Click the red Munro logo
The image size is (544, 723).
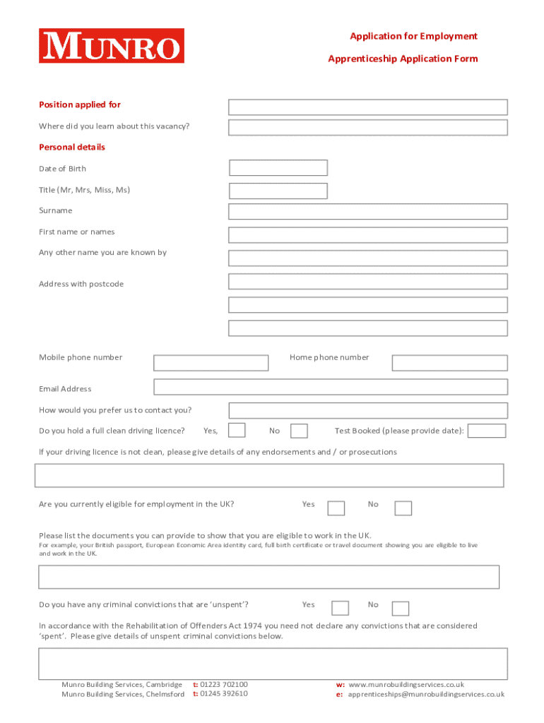(112, 46)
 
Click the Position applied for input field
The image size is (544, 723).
(367, 107)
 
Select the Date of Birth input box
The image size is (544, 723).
(278, 168)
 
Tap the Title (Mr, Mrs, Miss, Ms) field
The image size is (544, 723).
(278, 191)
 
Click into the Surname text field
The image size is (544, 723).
(367, 211)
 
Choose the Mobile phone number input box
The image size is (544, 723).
(211, 363)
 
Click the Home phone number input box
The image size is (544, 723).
(449, 363)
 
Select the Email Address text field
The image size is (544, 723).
(331, 387)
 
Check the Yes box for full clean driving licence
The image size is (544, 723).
(237, 431)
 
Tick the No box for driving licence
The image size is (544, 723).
(300, 431)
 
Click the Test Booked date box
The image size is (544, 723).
(487, 431)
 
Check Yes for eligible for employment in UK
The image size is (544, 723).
(337, 508)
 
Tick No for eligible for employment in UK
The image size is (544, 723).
(403, 508)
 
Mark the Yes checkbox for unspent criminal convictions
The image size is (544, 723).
(341, 609)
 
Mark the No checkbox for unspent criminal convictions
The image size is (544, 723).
(401, 609)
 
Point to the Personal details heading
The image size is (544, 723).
(72, 148)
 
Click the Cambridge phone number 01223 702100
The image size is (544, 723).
(224, 685)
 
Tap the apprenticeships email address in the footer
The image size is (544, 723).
(426, 695)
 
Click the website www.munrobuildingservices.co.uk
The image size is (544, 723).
(406, 685)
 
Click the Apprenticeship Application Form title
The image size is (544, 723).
(403, 59)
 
